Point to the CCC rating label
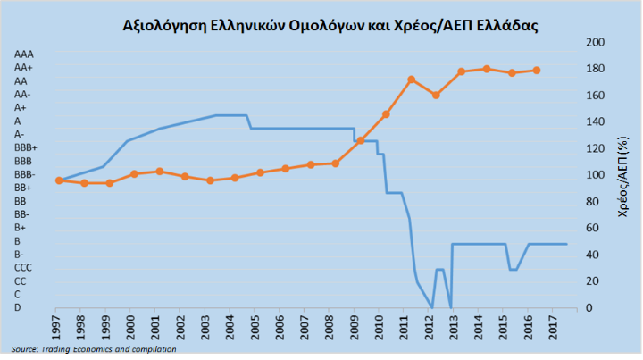(24, 267)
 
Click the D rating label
(19, 307)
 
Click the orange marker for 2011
(411, 80)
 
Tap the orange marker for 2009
(361, 140)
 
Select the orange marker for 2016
(537, 70)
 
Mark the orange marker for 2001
(159, 171)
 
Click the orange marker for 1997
(59, 180)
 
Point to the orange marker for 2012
(436, 95)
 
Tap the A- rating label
(21, 134)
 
